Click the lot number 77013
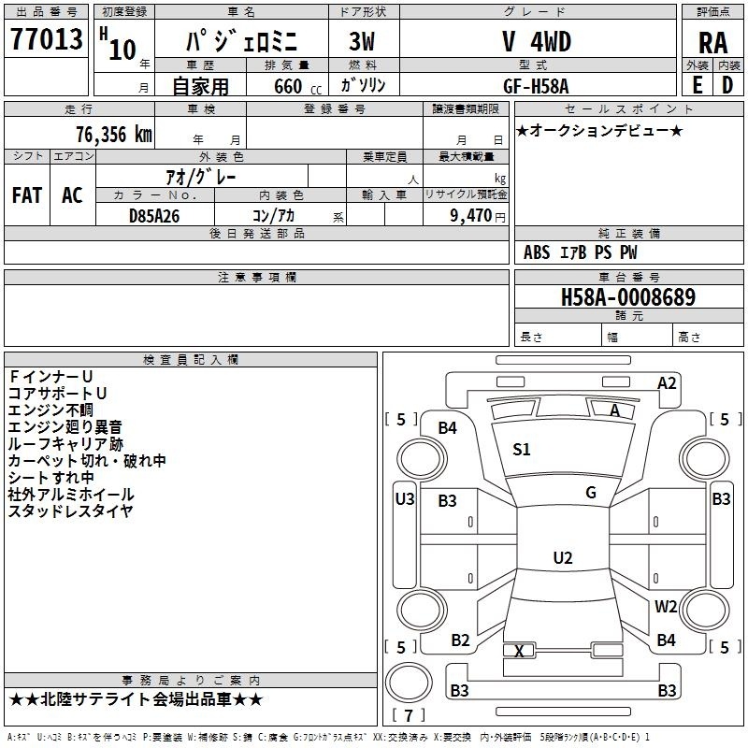46,38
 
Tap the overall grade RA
713,43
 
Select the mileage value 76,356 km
114,134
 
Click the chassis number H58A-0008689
628,297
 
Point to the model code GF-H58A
536,86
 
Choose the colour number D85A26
154,216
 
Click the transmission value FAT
27,195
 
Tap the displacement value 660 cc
297,86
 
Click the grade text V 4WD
537,41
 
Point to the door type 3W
362,41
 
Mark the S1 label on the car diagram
522,449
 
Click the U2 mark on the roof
563,557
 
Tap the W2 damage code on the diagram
666,606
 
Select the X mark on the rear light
520,651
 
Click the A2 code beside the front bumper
667,383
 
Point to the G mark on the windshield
591,492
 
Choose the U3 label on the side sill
405,499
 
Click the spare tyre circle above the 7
409,682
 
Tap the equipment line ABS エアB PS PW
580,252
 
